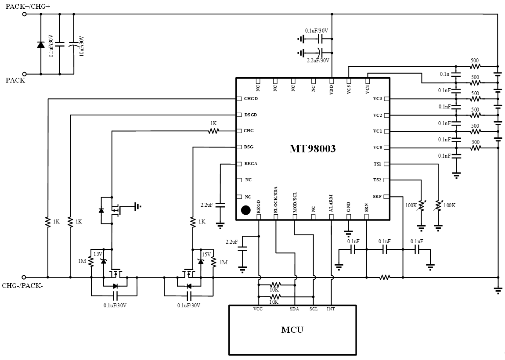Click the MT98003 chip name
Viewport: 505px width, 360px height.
click(x=312, y=149)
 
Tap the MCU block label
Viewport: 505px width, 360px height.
click(x=292, y=330)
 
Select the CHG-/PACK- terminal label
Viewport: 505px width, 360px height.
click(x=22, y=286)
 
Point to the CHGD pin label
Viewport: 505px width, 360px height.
click(x=251, y=99)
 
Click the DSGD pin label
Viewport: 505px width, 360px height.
click(x=250, y=115)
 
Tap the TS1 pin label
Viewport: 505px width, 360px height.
click(x=377, y=164)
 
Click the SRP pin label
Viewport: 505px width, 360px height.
click(x=377, y=196)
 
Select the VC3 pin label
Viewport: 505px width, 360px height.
click(x=377, y=99)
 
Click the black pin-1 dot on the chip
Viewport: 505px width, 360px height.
click(x=246, y=210)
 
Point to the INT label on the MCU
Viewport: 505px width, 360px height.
click(x=331, y=310)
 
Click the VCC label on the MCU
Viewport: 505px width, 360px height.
click(x=258, y=310)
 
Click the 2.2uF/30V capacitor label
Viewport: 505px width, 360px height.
click(x=318, y=61)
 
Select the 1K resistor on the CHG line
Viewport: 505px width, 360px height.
click(x=213, y=131)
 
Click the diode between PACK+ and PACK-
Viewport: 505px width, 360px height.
click(x=41, y=44)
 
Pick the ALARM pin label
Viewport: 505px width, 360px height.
click(x=331, y=204)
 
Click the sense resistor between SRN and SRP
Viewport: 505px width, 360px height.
click(x=385, y=277)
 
